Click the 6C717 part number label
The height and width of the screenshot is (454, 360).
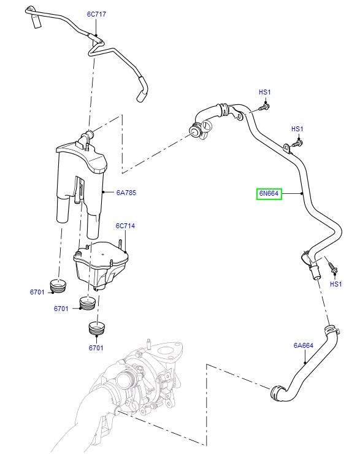click(x=96, y=13)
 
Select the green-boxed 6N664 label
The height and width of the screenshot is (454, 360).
click(x=269, y=194)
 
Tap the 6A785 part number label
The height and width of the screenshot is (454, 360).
click(x=126, y=193)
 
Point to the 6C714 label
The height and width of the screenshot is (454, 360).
click(x=125, y=226)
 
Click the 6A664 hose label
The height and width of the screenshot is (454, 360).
click(x=303, y=345)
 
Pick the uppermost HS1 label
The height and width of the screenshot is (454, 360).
click(x=265, y=93)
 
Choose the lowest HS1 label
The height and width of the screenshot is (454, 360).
click(x=335, y=284)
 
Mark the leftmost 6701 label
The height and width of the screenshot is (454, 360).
click(x=37, y=292)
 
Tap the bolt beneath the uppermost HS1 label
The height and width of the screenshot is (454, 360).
click(x=264, y=107)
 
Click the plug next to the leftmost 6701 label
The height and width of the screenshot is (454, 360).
click(x=59, y=287)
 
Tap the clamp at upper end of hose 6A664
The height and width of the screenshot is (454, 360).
click(x=332, y=332)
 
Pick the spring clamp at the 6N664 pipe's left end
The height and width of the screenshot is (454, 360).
click(x=197, y=130)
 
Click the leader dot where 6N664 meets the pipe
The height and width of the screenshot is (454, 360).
click(x=302, y=194)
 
